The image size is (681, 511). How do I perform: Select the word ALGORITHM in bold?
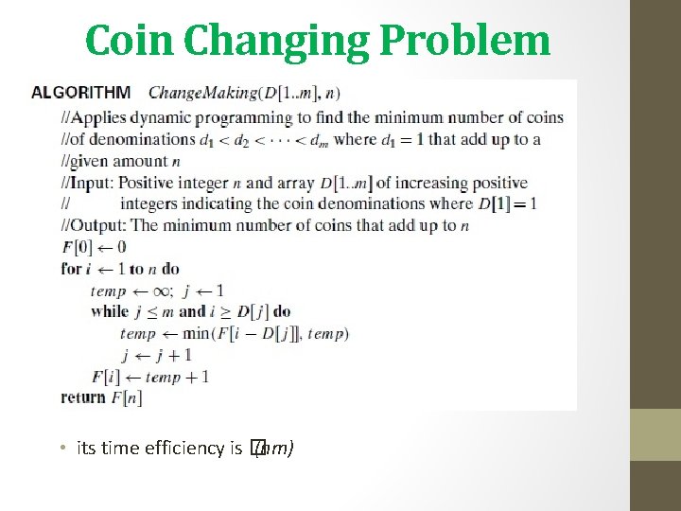(x=81, y=93)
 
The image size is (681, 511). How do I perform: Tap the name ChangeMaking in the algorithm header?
(x=202, y=93)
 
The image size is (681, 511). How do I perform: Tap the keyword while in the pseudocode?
(x=109, y=311)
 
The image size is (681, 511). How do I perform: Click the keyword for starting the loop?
(x=71, y=268)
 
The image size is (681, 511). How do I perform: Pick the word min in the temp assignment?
(x=197, y=333)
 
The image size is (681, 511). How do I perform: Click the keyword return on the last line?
(x=83, y=397)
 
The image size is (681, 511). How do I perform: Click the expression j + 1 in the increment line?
(x=174, y=355)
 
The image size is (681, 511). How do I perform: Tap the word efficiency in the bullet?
(x=185, y=448)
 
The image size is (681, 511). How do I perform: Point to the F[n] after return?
(x=126, y=397)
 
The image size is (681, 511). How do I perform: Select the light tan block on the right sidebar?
(x=655, y=434)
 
